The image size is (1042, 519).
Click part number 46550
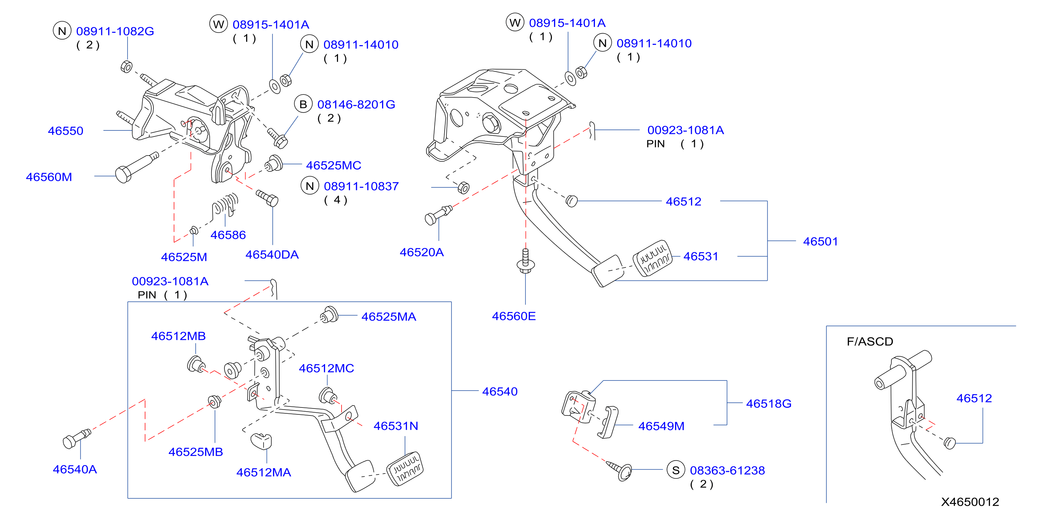pyautogui.click(x=65, y=131)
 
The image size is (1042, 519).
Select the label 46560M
pyautogui.click(x=49, y=177)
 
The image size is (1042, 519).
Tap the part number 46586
pyautogui.click(x=228, y=235)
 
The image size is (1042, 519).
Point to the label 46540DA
pyautogui.click(x=272, y=255)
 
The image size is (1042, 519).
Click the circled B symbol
pyautogui.click(x=303, y=105)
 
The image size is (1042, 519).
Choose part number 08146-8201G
pyautogui.click(x=356, y=105)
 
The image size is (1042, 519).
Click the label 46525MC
pyautogui.click(x=333, y=165)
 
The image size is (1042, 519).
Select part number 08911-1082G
pyautogui.click(x=115, y=31)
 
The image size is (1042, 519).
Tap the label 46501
pyautogui.click(x=820, y=241)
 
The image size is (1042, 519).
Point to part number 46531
pyautogui.click(x=700, y=256)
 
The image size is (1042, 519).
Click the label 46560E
pyautogui.click(x=514, y=316)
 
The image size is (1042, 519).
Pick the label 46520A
pyautogui.click(x=422, y=252)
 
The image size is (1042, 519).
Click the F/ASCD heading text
pyautogui.click(x=870, y=342)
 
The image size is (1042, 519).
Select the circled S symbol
pyautogui.click(x=676, y=470)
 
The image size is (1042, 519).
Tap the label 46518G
pyautogui.click(x=769, y=404)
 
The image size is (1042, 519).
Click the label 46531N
pyautogui.click(x=396, y=426)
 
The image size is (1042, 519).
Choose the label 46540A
pyautogui.click(x=75, y=469)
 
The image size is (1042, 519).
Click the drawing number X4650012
pyautogui.click(x=970, y=502)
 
